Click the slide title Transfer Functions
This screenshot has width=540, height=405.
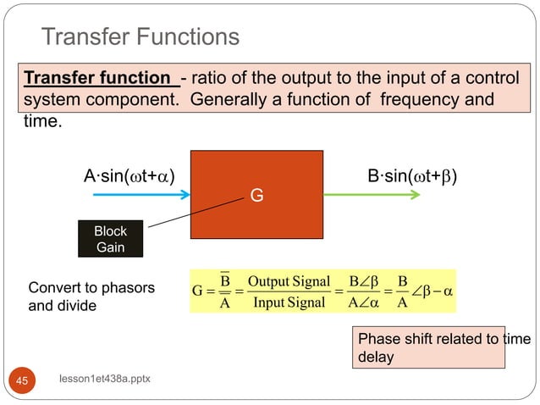pyautogui.click(x=141, y=37)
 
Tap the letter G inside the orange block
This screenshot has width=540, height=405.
pyautogui.click(x=256, y=196)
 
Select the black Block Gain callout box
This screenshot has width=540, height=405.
pyautogui.click(x=110, y=239)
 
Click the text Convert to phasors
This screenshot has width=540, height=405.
pyautogui.click(x=91, y=287)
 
